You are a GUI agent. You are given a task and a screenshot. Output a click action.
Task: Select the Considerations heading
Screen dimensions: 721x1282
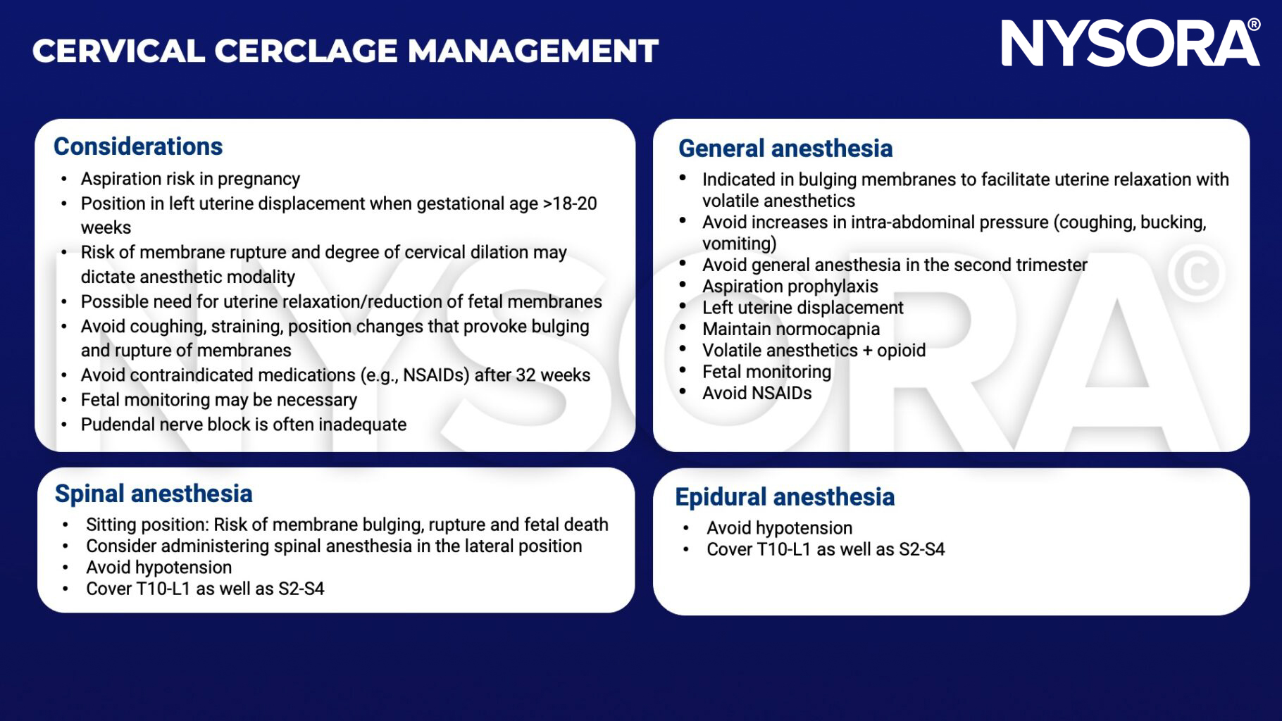point(138,146)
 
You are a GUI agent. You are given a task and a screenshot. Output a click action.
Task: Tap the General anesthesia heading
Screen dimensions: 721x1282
point(785,149)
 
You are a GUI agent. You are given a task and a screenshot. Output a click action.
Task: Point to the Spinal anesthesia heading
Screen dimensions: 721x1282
point(154,494)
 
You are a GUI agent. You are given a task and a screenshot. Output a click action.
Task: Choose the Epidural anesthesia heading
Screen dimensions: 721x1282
point(784,497)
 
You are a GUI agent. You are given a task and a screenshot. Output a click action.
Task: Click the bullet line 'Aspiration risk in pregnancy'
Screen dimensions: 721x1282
point(190,179)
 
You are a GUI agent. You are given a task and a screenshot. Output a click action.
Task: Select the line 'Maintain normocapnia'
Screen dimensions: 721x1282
point(790,330)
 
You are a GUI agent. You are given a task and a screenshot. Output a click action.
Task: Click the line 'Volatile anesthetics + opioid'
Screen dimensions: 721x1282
point(813,351)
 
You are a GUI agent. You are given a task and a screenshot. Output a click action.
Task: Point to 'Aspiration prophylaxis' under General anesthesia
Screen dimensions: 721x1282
point(790,287)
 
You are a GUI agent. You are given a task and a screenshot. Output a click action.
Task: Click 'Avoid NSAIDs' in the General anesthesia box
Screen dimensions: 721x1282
point(757,394)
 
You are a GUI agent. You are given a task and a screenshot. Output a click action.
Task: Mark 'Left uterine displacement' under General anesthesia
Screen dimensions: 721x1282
point(802,308)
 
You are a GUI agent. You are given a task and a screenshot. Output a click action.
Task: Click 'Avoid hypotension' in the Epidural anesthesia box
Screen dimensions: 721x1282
point(779,528)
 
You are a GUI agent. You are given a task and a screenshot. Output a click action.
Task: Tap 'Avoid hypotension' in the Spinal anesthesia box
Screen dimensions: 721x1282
point(158,568)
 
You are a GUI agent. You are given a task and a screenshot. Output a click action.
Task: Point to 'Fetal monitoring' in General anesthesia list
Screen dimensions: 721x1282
point(766,372)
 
